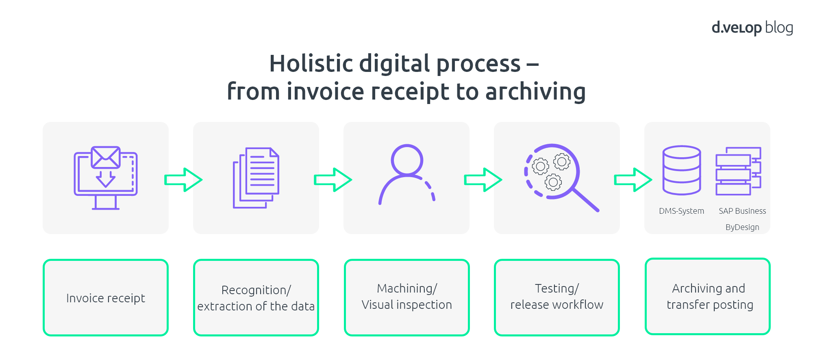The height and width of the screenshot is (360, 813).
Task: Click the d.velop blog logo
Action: pyautogui.click(x=752, y=28)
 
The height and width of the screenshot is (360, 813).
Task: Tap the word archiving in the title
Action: pyautogui.click(x=535, y=92)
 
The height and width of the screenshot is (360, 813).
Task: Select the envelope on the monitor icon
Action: pyautogui.click(x=106, y=157)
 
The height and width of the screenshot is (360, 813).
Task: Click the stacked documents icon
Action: pyautogui.click(x=256, y=178)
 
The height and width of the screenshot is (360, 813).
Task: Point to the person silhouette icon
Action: pyautogui.click(x=407, y=174)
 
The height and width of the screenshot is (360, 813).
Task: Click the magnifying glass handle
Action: pyautogui.click(x=586, y=200)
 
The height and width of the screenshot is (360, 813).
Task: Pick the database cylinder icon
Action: pyautogui.click(x=682, y=170)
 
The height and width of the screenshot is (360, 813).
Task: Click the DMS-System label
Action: pyautogui.click(x=682, y=211)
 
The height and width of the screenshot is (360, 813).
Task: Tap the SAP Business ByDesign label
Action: pyautogui.click(x=742, y=219)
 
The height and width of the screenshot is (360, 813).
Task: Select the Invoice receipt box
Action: pyautogui.click(x=106, y=298)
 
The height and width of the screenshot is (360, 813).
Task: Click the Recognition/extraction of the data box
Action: pyautogui.click(x=256, y=298)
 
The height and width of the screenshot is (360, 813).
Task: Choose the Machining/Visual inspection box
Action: pyautogui.click(x=407, y=298)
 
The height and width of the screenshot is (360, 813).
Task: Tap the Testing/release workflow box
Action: pyautogui.click(x=557, y=298)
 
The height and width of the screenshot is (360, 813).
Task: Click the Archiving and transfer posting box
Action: pyautogui.click(x=708, y=297)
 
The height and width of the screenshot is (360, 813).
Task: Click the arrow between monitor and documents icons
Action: pyautogui.click(x=183, y=180)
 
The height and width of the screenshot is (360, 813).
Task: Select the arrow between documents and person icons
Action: pyautogui.click(x=333, y=180)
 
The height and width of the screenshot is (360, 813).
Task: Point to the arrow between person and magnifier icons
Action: pyautogui.click(x=483, y=180)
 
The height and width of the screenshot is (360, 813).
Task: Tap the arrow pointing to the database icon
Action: pyautogui.click(x=633, y=180)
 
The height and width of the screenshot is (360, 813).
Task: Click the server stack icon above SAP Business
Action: pyautogui.click(x=738, y=171)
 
